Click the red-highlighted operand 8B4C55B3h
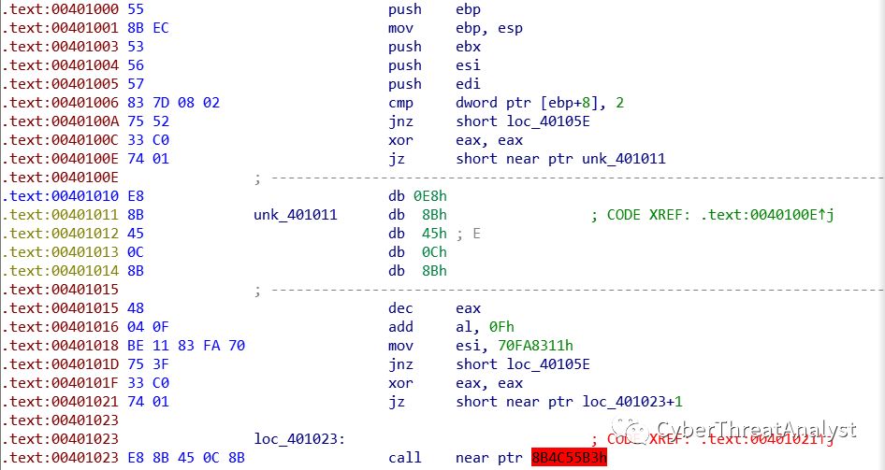point(570,458)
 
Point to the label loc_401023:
point(297,439)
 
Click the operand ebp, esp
point(489,28)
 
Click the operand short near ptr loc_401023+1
point(569,402)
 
